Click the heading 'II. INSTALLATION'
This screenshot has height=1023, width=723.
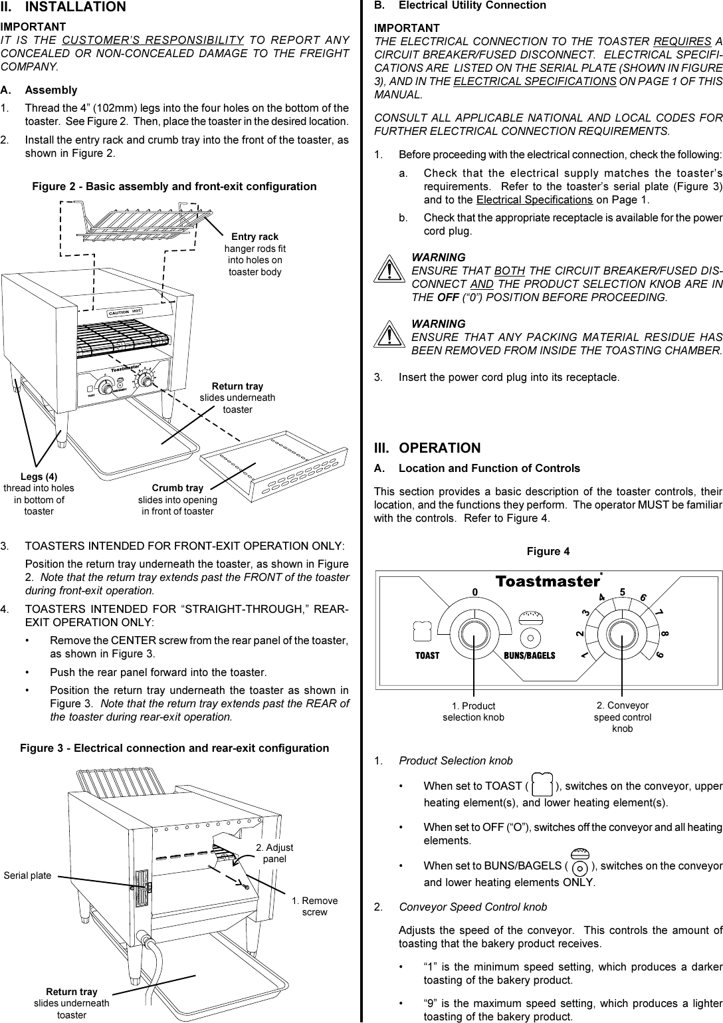pyautogui.click(x=63, y=7)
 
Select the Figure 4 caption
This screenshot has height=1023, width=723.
pyautogui.click(x=548, y=552)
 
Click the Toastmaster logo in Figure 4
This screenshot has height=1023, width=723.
pyautogui.click(x=548, y=582)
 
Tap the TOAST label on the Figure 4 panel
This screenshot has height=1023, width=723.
pyautogui.click(x=427, y=655)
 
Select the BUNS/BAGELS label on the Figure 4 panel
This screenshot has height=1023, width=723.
pyautogui.click(x=530, y=655)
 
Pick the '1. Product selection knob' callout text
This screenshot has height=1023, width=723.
pyautogui.click(x=473, y=711)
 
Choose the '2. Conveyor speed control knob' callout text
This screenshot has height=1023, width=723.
pyautogui.click(x=622, y=717)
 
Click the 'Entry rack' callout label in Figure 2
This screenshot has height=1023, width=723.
pyautogui.click(x=255, y=237)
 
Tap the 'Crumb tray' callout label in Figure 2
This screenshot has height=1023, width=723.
pyautogui.click(x=177, y=488)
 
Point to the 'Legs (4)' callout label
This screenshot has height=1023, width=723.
pyautogui.click(x=39, y=477)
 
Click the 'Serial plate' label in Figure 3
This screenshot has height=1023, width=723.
pyautogui.click(x=27, y=875)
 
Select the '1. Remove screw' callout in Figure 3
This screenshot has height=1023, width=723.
pyautogui.click(x=314, y=906)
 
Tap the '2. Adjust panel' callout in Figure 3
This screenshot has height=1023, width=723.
pyautogui.click(x=274, y=853)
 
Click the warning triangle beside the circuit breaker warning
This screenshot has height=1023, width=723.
pyautogui.click(x=387, y=270)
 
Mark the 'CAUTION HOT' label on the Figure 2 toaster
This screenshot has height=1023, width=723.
pyautogui.click(x=126, y=311)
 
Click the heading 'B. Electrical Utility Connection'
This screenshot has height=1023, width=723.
pyautogui.click(x=460, y=5)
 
